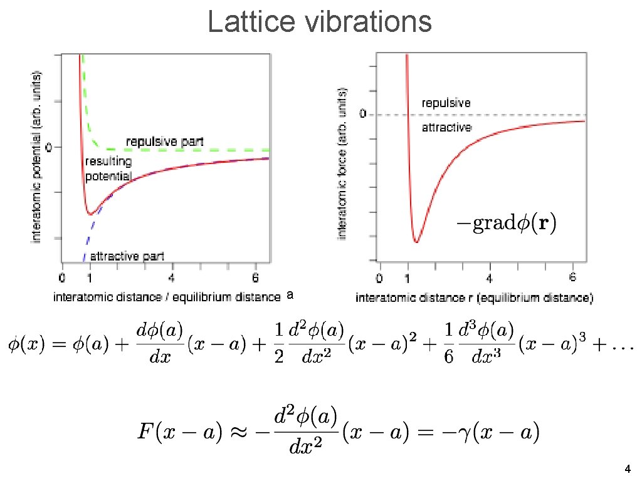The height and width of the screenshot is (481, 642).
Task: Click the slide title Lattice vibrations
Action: [320, 23]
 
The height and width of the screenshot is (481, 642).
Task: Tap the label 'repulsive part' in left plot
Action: [165, 142]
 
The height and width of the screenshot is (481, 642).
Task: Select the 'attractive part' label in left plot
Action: [127, 256]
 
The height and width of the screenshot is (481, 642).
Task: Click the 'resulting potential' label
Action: [108, 169]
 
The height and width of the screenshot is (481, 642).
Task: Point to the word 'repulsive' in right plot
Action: [446, 103]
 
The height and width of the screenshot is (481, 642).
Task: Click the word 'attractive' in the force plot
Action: [446, 128]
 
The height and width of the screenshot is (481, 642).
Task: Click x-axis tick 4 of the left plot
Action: [172, 277]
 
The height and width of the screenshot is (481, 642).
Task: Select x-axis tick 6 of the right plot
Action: [574, 277]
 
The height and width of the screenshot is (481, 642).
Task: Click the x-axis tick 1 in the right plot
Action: [408, 277]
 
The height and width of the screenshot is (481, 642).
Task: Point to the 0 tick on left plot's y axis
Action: [50, 148]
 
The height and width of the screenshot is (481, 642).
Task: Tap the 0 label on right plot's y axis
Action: [362, 115]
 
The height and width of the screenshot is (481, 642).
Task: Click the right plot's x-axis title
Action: [474, 298]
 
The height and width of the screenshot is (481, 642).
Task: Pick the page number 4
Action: [628, 469]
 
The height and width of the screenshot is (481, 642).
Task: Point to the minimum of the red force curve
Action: [416, 241]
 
